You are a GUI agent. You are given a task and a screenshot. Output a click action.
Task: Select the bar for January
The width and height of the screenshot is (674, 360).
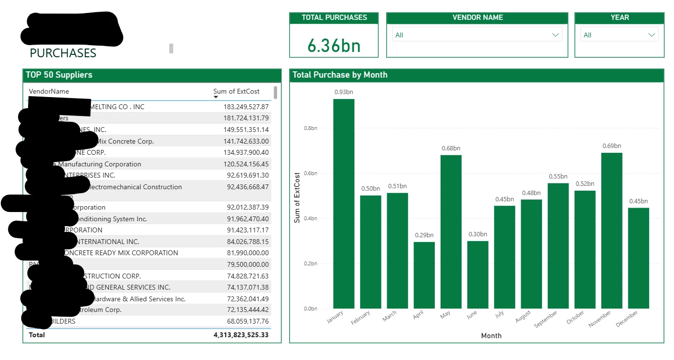[344, 204]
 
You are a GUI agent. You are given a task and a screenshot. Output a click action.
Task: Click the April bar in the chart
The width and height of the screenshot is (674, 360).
[424, 275]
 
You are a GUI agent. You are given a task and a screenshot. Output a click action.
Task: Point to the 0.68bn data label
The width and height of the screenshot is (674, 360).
[451, 148]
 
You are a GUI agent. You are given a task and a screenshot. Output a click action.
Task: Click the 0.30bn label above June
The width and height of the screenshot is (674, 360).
[477, 234]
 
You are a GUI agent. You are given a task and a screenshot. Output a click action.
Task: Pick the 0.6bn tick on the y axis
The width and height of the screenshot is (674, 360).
[310, 173]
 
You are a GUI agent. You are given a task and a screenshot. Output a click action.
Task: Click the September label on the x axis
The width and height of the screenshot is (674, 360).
[546, 319]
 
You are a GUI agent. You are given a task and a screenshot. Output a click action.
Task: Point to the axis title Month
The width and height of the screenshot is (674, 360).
[491, 336]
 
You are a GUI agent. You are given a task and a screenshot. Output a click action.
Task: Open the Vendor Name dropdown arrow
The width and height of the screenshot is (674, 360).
[556, 35]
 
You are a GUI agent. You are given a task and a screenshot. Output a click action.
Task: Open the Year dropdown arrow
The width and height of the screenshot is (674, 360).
[652, 35]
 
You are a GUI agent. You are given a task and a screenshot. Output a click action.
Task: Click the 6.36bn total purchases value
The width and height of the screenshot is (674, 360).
[334, 46]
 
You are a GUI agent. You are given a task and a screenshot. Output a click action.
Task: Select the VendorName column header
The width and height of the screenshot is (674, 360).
[49, 91]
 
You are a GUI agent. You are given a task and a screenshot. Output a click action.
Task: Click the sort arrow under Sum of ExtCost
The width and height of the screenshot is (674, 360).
[216, 97]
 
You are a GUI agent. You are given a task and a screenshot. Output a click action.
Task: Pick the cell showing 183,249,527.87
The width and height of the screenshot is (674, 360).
[246, 107]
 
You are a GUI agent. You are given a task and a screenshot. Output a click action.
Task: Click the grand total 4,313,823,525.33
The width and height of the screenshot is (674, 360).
[241, 335]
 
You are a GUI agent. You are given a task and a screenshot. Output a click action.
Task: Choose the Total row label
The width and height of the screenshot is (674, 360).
[37, 335]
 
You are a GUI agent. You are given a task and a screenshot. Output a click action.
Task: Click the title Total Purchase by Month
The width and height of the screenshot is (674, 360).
[340, 75]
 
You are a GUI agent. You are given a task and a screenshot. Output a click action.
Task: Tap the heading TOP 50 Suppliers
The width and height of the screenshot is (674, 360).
[59, 75]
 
